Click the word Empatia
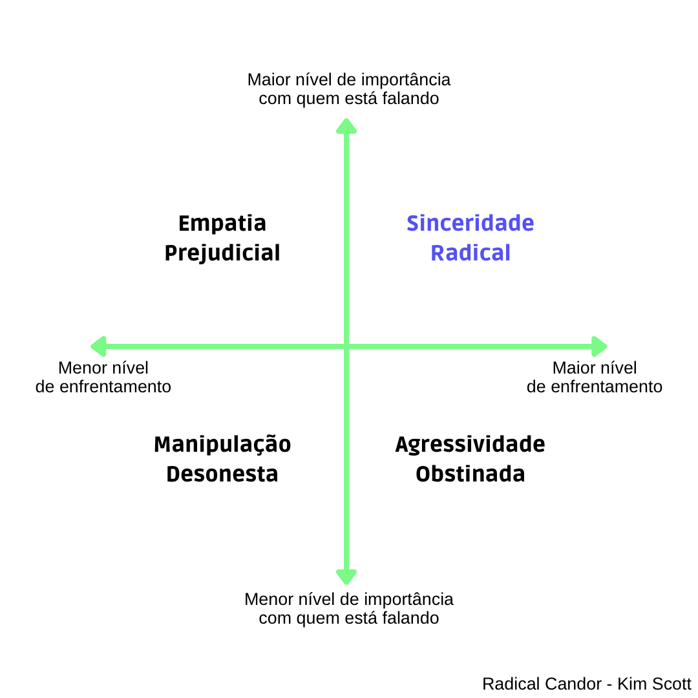click(x=222, y=224)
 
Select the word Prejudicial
click(x=222, y=253)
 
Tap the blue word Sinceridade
click(x=470, y=224)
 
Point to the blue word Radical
click(x=471, y=253)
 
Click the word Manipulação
click(x=222, y=445)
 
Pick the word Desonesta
click(x=222, y=474)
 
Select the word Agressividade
click(x=470, y=445)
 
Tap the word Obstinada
click(x=470, y=474)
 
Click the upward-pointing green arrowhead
click(x=346, y=125)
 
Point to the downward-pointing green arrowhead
click(x=346, y=576)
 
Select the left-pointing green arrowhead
click(x=98, y=346)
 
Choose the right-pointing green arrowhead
click(x=600, y=346)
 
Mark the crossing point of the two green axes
click(x=346, y=346)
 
